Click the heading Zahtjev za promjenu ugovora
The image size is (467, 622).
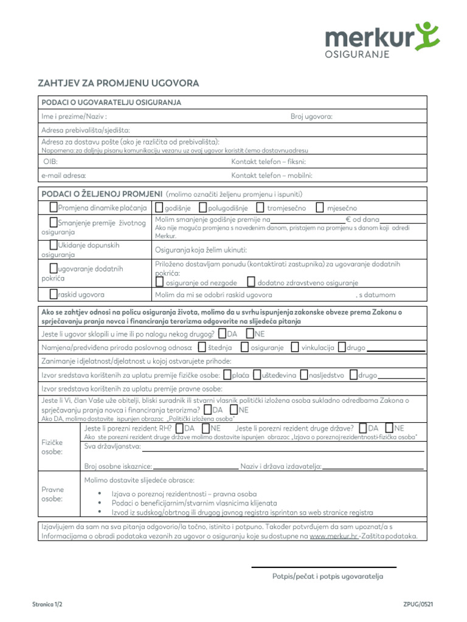[119, 83]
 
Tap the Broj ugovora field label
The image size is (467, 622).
[311, 116]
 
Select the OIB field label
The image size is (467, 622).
[50, 162]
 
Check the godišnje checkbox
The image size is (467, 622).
[159, 208]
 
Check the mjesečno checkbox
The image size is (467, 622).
[320, 208]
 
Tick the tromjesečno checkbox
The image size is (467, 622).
[260, 208]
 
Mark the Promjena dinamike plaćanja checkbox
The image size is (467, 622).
[54, 208]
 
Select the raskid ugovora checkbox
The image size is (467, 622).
[54, 294]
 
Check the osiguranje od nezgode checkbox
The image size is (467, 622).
[159, 282]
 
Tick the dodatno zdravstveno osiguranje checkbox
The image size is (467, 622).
[251, 282]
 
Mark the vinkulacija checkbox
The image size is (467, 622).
[295, 347]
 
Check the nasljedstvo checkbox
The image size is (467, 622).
[304, 375]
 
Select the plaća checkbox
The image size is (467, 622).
[227, 375]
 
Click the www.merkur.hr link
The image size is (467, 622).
[333, 537]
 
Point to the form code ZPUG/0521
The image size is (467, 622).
[418, 605]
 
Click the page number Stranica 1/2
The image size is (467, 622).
[47, 605]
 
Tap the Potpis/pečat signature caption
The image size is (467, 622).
[328, 576]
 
